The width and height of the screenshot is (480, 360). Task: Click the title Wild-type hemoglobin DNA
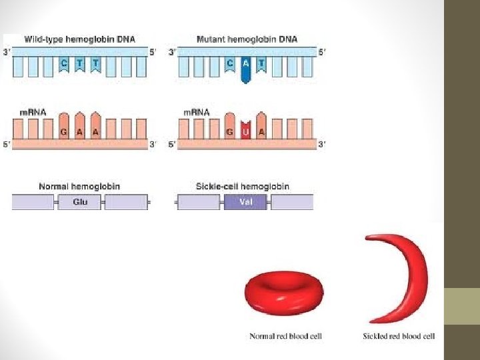click(x=79, y=39)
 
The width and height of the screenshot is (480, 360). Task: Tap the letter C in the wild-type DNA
click(x=63, y=63)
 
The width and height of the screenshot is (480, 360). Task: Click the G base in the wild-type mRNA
click(x=63, y=132)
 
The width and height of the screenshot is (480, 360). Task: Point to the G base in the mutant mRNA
click(x=229, y=132)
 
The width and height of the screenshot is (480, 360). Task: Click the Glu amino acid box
click(x=79, y=201)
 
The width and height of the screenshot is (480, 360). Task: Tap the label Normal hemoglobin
click(x=79, y=187)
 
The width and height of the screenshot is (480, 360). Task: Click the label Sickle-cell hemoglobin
click(x=245, y=187)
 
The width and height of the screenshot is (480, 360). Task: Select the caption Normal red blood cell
click(x=285, y=336)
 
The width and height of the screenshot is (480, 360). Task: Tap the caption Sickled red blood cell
click(x=399, y=336)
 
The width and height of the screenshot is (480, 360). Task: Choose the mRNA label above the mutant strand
click(x=197, y=112)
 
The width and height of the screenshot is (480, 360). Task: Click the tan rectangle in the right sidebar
click(x=462, y=306)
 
